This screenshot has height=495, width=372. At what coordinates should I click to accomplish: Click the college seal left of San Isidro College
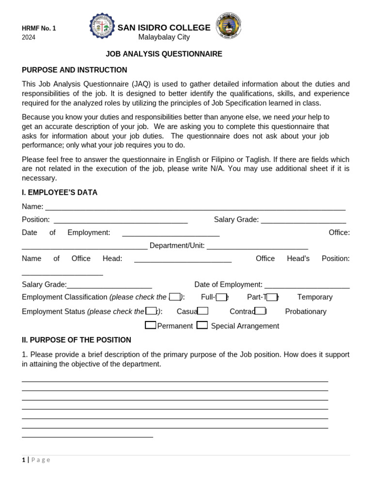tap(102, 27)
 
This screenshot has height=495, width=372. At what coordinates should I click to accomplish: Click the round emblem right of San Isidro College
tap(228, 25)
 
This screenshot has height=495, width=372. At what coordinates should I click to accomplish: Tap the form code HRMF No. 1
tap(39, 29)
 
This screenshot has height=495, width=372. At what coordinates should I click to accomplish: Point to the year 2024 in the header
tap(29, 37)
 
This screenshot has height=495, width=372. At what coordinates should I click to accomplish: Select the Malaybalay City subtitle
tap(164, 37)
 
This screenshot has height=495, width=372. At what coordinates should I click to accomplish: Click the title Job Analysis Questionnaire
tap(164, 54)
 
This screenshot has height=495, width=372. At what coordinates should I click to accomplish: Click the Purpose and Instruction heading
tap(74, 70)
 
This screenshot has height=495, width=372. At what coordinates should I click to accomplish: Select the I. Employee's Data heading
tap(60, 192)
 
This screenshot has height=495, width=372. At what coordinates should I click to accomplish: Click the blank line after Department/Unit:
tap(257, 246)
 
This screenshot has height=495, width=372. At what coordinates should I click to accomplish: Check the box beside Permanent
tap(150, 325)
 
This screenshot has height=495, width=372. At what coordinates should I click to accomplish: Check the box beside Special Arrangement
tap(202, 325)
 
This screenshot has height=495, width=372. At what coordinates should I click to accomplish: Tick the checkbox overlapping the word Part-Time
tap(272, 297)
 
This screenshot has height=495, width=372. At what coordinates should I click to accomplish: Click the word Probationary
tap(306, 312)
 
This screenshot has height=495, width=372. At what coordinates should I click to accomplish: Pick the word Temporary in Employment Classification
tap(315, 297)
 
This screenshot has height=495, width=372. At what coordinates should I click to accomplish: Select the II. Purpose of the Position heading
tap(77, 340)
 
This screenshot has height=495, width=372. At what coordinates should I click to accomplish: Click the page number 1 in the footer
tap(24, 460)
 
